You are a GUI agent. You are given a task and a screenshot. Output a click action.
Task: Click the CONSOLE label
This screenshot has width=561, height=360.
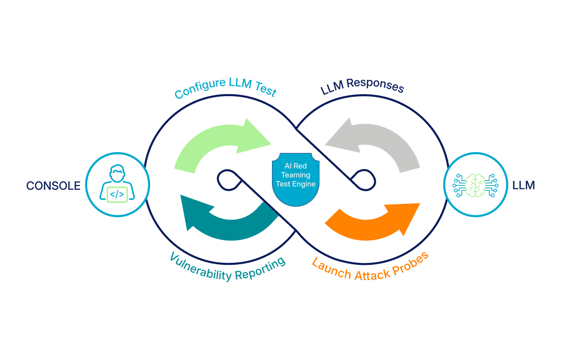coord(53,186)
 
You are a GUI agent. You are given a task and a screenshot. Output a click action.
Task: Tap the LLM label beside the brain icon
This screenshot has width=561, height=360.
coord(524,186)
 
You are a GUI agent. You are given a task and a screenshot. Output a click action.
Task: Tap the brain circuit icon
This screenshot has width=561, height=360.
coord(475,185)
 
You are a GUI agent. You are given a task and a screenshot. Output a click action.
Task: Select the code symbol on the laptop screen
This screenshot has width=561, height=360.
coord(117,194)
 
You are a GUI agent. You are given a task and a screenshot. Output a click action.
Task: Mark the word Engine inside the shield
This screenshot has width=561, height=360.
coord(306,184)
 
